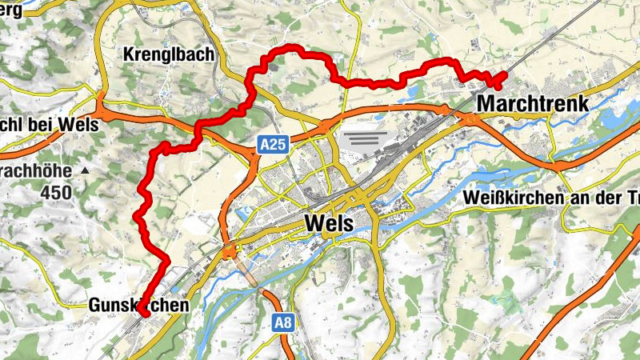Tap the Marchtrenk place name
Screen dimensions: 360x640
pyautogui.click(x=532, y=103)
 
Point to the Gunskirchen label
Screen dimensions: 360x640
pyautogui.click(x=138, y=305)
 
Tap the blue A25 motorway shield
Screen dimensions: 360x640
pyautogui.click(x=273, y=144)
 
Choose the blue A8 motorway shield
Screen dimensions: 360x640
pyautogui.click(x=282, y=322)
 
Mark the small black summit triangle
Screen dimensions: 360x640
pyautogui.click(x=84, y=171)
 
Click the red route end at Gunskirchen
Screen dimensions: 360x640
pyautogui.click(x=145, y=314)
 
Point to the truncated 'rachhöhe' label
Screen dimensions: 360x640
pyautogui.click(x=36, y=171)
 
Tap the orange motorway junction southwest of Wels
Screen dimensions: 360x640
pyautogui.click(x=230, y=254)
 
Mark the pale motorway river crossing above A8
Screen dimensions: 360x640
pyautogui.click(x=249, y=276)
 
